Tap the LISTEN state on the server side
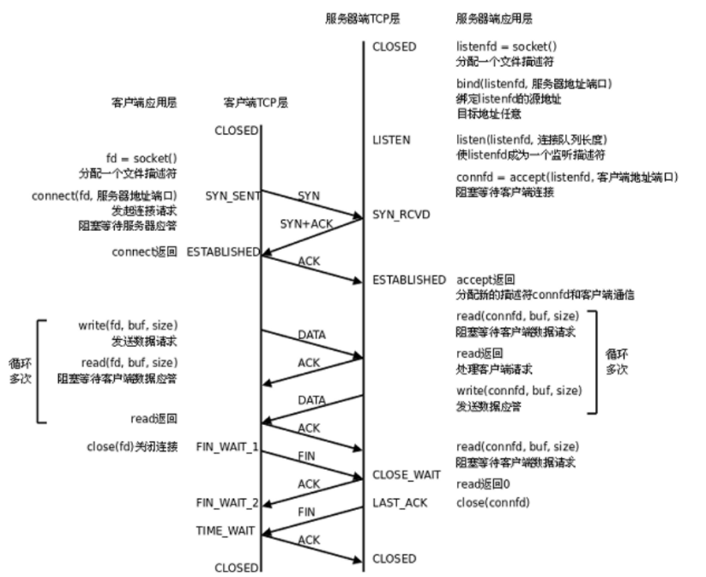391,139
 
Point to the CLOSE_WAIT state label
407,474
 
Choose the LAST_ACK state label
400,502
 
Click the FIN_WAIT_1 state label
226,447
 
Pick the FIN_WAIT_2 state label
226,502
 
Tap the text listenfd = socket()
500,46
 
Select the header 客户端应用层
143,101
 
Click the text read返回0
479,483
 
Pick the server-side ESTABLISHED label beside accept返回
409,279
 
